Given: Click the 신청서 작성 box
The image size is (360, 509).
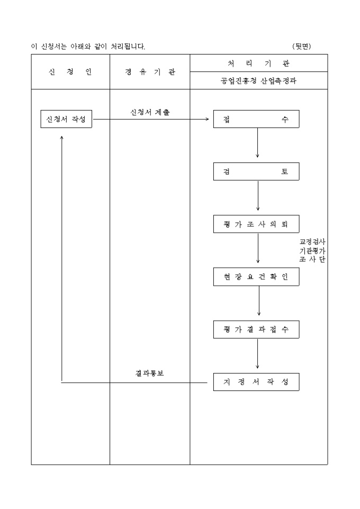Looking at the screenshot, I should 67,119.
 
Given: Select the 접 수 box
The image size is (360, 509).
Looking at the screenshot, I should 256,119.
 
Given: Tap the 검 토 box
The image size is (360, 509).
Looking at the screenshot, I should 256,171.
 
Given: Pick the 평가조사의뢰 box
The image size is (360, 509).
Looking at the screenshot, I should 256,224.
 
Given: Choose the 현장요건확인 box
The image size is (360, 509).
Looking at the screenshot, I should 256,276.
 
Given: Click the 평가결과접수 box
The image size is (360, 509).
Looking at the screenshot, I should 256,329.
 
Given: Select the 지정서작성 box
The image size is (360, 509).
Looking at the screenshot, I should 256,382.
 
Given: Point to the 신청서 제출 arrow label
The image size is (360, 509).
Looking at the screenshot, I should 150,112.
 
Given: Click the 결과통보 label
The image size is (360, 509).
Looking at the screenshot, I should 149,373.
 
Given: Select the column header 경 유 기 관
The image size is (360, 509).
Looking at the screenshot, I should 150,72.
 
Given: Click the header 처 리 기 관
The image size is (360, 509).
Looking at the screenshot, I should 259,63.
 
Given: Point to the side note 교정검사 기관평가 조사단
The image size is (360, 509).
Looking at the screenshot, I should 312,250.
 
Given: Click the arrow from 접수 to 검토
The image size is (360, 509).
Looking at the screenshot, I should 257,143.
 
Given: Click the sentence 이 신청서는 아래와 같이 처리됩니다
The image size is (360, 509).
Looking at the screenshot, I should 88,47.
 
